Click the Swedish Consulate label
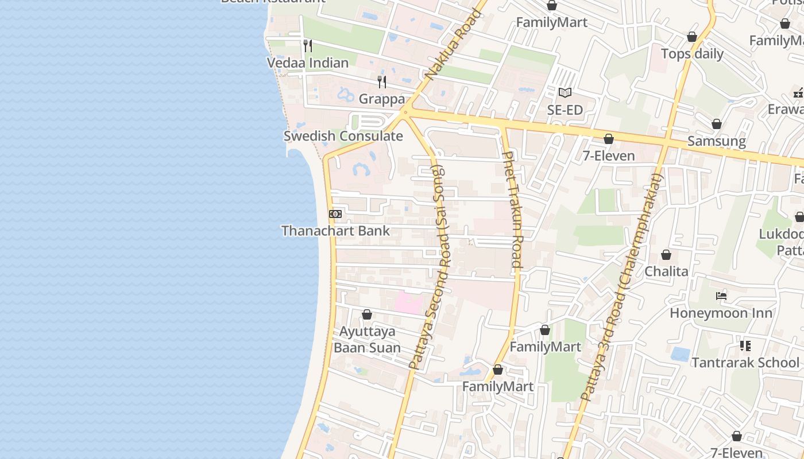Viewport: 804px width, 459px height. click(343, 137)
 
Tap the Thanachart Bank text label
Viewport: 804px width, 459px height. click(335, 231)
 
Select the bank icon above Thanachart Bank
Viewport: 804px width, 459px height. click(335, 214)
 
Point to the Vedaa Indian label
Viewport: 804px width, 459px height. click(308, 63)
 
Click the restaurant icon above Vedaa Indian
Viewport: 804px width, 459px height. click(308, 46)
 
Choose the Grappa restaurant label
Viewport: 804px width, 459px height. click(382, 99)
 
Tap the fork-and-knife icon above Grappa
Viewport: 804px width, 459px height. click(382, 82)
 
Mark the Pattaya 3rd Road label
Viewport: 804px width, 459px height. click(621, 287)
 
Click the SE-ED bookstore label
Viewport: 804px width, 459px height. click(565, 110)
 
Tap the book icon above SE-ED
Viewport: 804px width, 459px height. click(565, 92)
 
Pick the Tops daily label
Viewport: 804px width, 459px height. click(692, 54)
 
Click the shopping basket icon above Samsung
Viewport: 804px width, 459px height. click(717, 124)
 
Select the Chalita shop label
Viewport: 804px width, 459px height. click(666, 271)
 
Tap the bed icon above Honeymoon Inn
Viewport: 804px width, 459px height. click(721, 296)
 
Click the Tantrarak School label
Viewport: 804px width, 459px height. click(745, 363)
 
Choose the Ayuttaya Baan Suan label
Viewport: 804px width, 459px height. click(367, 340)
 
